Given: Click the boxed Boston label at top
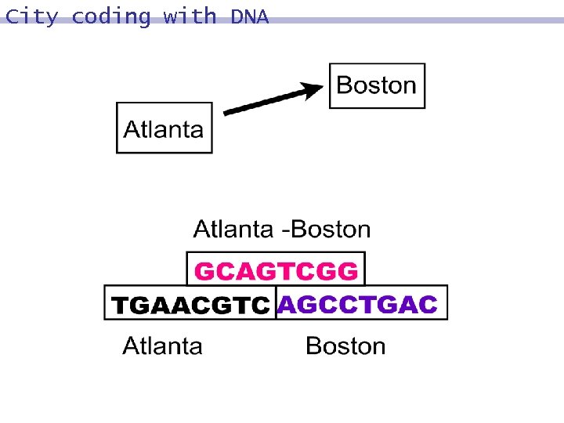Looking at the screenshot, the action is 377,85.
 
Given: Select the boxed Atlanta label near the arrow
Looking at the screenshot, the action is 164,129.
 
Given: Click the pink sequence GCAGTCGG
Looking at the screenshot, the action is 276,271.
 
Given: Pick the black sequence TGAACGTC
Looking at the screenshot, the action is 190,305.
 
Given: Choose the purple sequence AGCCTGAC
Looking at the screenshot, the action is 357,304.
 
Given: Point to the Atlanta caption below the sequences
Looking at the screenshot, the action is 162,345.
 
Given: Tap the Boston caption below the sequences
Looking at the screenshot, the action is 345,345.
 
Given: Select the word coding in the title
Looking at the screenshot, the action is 110,16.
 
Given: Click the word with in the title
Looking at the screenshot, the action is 190,16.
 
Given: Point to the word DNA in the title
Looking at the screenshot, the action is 250,16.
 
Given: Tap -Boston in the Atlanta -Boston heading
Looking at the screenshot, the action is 327,230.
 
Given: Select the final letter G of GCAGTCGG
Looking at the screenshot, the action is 349,271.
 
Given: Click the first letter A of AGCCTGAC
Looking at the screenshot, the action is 287,304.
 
